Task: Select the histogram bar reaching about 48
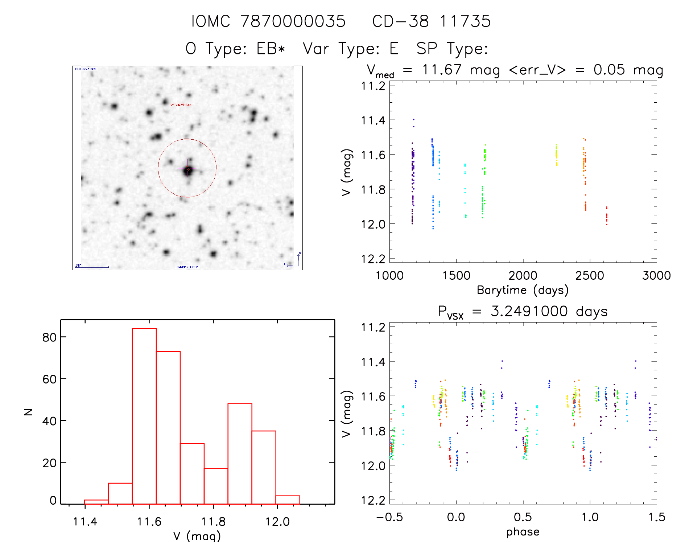240,453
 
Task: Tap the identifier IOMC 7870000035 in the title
268,21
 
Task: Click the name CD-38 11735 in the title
431,21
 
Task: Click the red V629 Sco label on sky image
181,105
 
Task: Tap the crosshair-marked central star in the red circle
188,169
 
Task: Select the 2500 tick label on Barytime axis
590,276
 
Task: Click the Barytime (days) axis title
523,290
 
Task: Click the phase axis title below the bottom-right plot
523,532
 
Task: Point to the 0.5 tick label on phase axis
523,517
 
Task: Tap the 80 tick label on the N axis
50,338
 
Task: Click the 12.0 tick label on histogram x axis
277,522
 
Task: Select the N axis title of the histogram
28,412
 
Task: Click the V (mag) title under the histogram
197,536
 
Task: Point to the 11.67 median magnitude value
442,70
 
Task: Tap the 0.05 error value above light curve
609,70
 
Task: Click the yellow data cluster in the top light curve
557,155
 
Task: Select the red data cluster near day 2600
607,216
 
